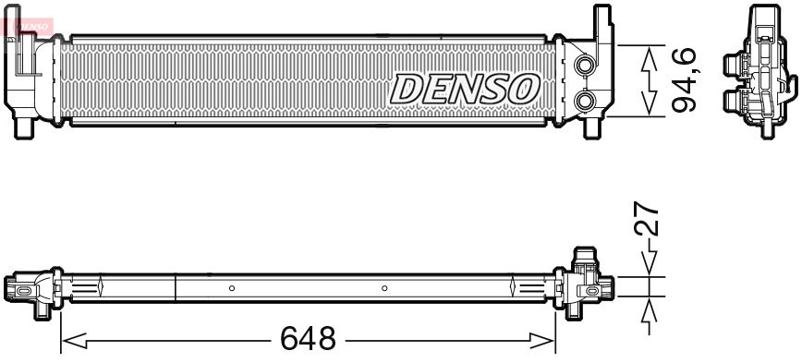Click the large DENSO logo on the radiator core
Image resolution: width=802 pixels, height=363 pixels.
coord(465,89)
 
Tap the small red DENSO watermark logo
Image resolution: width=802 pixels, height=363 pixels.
coord(28,25)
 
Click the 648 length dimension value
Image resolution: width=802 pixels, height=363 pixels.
coord(308,338)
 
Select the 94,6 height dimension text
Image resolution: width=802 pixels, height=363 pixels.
coord(684,79)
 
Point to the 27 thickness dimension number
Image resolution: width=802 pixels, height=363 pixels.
coord(646,218)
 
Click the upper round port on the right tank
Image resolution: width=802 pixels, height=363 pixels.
coord(584,65)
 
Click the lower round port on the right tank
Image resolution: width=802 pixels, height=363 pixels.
coord(584,101)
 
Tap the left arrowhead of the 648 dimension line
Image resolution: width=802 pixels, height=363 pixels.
coord(74,341)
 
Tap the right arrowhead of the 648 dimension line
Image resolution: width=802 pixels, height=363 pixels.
coord(542,341)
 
